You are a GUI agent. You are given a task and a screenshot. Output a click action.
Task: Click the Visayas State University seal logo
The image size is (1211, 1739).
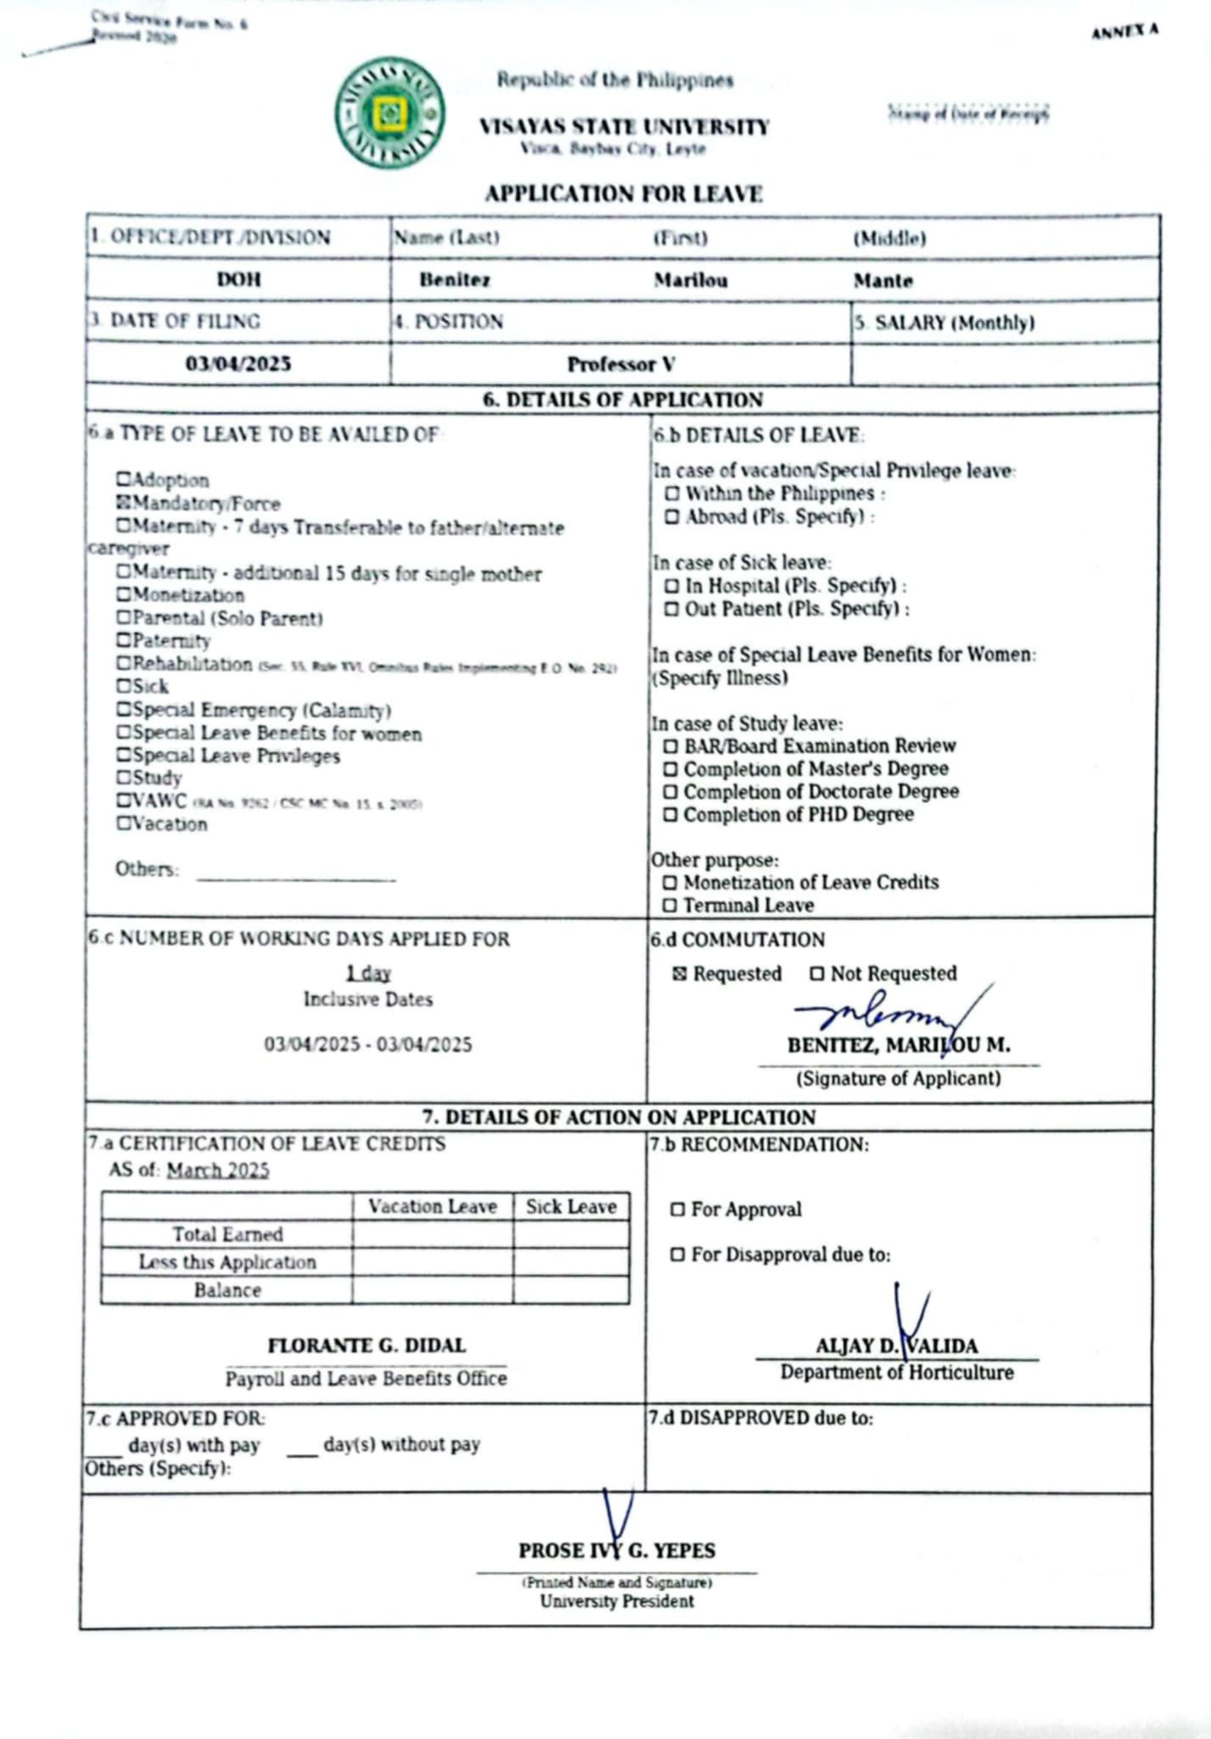[390, 113]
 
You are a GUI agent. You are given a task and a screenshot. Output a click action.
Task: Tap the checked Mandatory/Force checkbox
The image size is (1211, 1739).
[123, 504]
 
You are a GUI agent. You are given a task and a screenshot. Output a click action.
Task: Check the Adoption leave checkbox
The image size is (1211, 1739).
[123, 480]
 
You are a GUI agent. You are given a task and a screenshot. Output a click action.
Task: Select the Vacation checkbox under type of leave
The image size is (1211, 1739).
[124, 823]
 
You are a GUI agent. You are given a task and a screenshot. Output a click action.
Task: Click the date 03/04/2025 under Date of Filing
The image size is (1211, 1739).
[238, 363]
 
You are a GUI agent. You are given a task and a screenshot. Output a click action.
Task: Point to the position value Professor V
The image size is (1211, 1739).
[621, 364]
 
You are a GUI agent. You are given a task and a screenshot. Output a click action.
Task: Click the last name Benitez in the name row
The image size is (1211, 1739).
[455, 280]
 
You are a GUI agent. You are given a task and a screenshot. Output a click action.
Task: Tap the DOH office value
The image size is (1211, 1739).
[238, 279]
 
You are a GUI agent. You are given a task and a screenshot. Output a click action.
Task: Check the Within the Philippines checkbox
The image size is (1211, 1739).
[672, 493]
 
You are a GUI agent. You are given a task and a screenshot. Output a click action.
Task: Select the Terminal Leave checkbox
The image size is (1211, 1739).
[670, 905]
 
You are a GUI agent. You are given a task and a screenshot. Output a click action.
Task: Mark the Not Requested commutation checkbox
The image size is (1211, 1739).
[817, 973]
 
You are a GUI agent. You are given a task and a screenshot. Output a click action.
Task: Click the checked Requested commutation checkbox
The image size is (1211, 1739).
[679, 973]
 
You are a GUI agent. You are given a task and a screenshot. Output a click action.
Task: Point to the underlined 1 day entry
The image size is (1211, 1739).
[368, 972]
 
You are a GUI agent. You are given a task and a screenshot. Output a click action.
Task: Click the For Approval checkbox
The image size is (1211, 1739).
[677, 1209]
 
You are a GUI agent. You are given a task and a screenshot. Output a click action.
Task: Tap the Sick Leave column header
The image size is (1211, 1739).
[571, 1207]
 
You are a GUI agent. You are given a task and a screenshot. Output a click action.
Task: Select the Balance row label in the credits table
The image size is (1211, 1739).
[227, 1290]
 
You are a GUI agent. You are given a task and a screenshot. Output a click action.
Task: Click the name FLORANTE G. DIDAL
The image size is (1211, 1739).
[367, 1345]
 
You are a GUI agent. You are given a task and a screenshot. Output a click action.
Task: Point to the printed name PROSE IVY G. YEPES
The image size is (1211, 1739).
[617, 1550]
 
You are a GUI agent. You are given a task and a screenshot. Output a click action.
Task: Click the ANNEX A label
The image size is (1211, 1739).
[1124, 31]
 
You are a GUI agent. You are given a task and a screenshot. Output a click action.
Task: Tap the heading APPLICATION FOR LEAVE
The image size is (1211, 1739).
[624, 194]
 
